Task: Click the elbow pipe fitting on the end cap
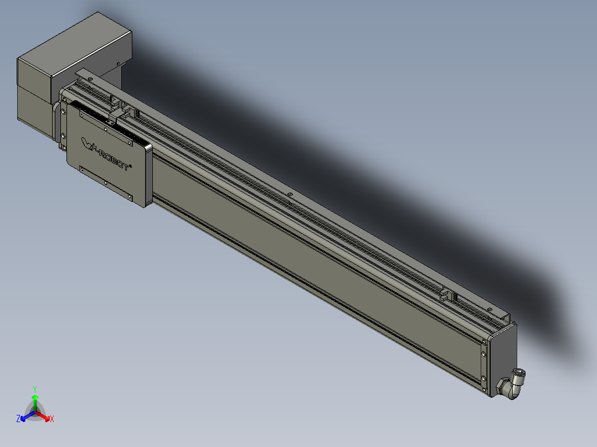(x=512, y=384)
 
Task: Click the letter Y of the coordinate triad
(x=35, y=388)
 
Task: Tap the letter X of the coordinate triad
(x=52, y=419)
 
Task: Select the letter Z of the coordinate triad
(x=18, y=419)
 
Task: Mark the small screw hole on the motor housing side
(x=119, y=63)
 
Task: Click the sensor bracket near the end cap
(x=446, y=295)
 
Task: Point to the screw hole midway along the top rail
(x=290, y=195)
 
